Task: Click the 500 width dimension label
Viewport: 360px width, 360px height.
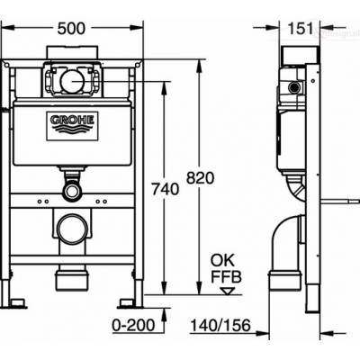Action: [75, 29]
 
